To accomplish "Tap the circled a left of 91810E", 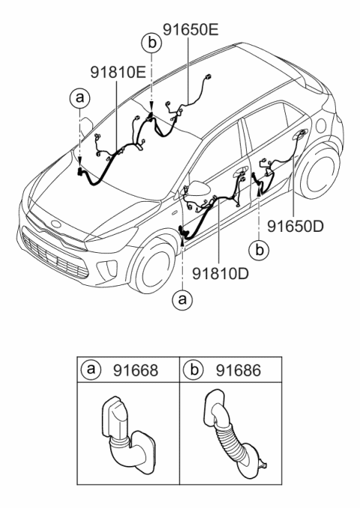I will click(79, 98).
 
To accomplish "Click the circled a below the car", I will click(181, 300).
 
